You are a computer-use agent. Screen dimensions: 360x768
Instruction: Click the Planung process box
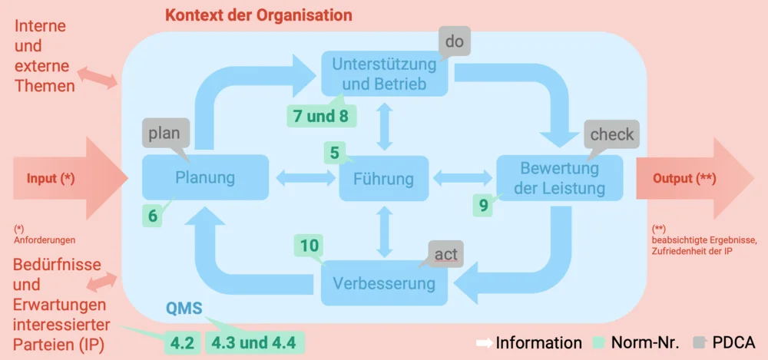205,178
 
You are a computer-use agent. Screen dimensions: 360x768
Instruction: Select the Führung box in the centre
383,179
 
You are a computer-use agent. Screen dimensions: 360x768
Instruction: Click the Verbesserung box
384,283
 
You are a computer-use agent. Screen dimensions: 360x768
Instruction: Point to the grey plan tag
164,134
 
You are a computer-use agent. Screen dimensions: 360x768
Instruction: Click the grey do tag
455,41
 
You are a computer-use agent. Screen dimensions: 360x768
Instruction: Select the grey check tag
611,134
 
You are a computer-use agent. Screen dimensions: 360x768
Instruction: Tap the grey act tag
445,254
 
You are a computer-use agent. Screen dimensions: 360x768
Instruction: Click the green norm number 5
334,153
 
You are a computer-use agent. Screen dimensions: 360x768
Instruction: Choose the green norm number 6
153,216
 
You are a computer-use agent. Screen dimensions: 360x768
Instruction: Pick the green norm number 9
483,205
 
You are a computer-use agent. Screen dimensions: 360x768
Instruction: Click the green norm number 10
309,246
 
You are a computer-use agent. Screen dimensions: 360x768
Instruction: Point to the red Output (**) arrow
691,178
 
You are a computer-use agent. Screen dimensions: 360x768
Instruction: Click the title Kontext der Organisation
259,15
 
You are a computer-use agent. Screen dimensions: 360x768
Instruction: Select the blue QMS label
184,309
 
